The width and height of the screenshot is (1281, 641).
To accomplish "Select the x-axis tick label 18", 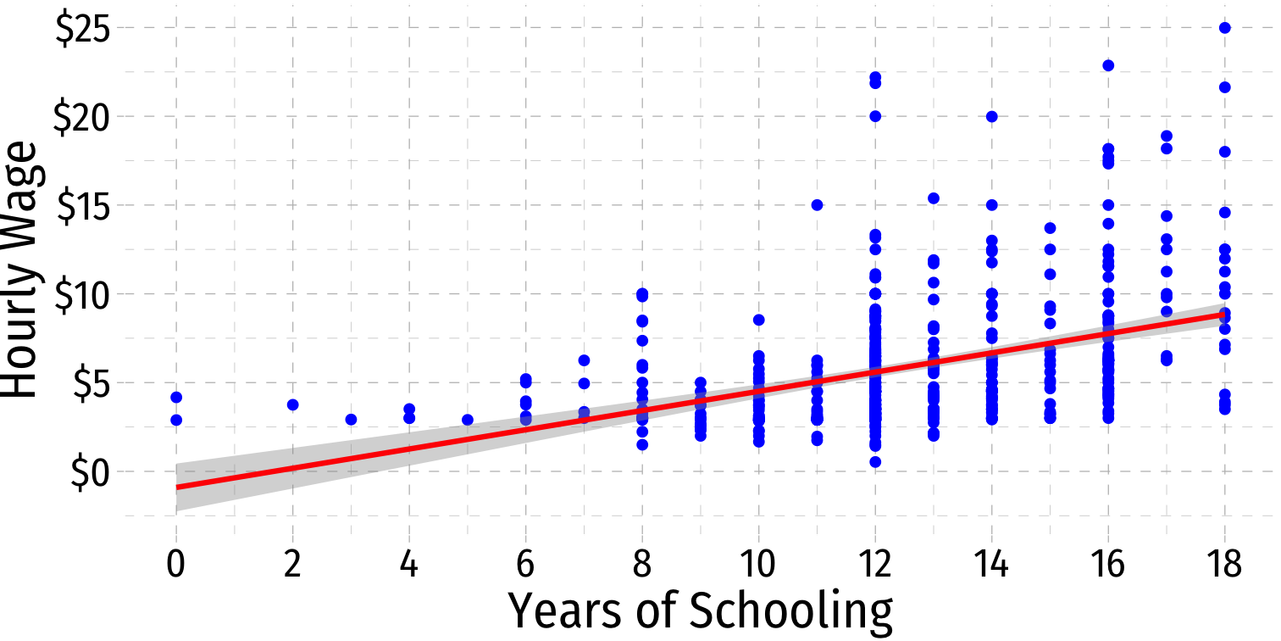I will (1223, 563).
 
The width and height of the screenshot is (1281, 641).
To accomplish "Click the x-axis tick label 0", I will (176, 563).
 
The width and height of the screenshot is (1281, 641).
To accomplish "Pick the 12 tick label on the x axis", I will (874, 563).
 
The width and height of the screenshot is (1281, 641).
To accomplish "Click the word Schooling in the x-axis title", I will (791, 610).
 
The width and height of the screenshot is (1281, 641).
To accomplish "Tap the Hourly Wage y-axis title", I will (22, 270).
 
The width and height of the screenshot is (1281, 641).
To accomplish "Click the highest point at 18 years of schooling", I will (1224, 28).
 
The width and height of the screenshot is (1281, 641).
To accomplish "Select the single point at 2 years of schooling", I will (293, 404).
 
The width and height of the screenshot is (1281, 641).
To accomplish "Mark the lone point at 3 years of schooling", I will (352, 420).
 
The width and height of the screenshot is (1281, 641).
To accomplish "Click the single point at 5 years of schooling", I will (468, 420).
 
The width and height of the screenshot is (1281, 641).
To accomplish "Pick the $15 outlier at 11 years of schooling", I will (817, 205).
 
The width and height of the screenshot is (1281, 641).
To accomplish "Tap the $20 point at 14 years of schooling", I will (991, 117).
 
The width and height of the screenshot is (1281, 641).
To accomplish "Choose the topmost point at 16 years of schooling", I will (1107, 65).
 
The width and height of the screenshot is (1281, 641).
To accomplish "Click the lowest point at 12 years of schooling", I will (875, 462).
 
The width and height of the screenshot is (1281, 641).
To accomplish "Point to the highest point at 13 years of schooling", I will (934, 198).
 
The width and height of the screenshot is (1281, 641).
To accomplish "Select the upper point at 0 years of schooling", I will (176, 397).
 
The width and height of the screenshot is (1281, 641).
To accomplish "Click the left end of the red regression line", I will (178, 487).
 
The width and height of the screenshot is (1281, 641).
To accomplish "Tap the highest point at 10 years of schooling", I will (759, 320).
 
